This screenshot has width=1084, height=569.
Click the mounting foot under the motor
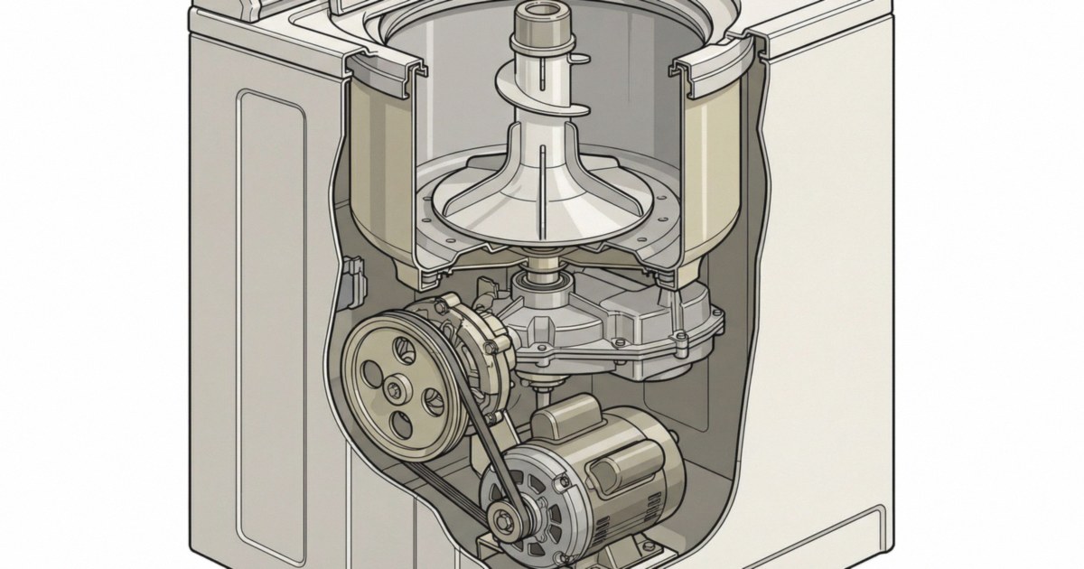pos(632,551)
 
